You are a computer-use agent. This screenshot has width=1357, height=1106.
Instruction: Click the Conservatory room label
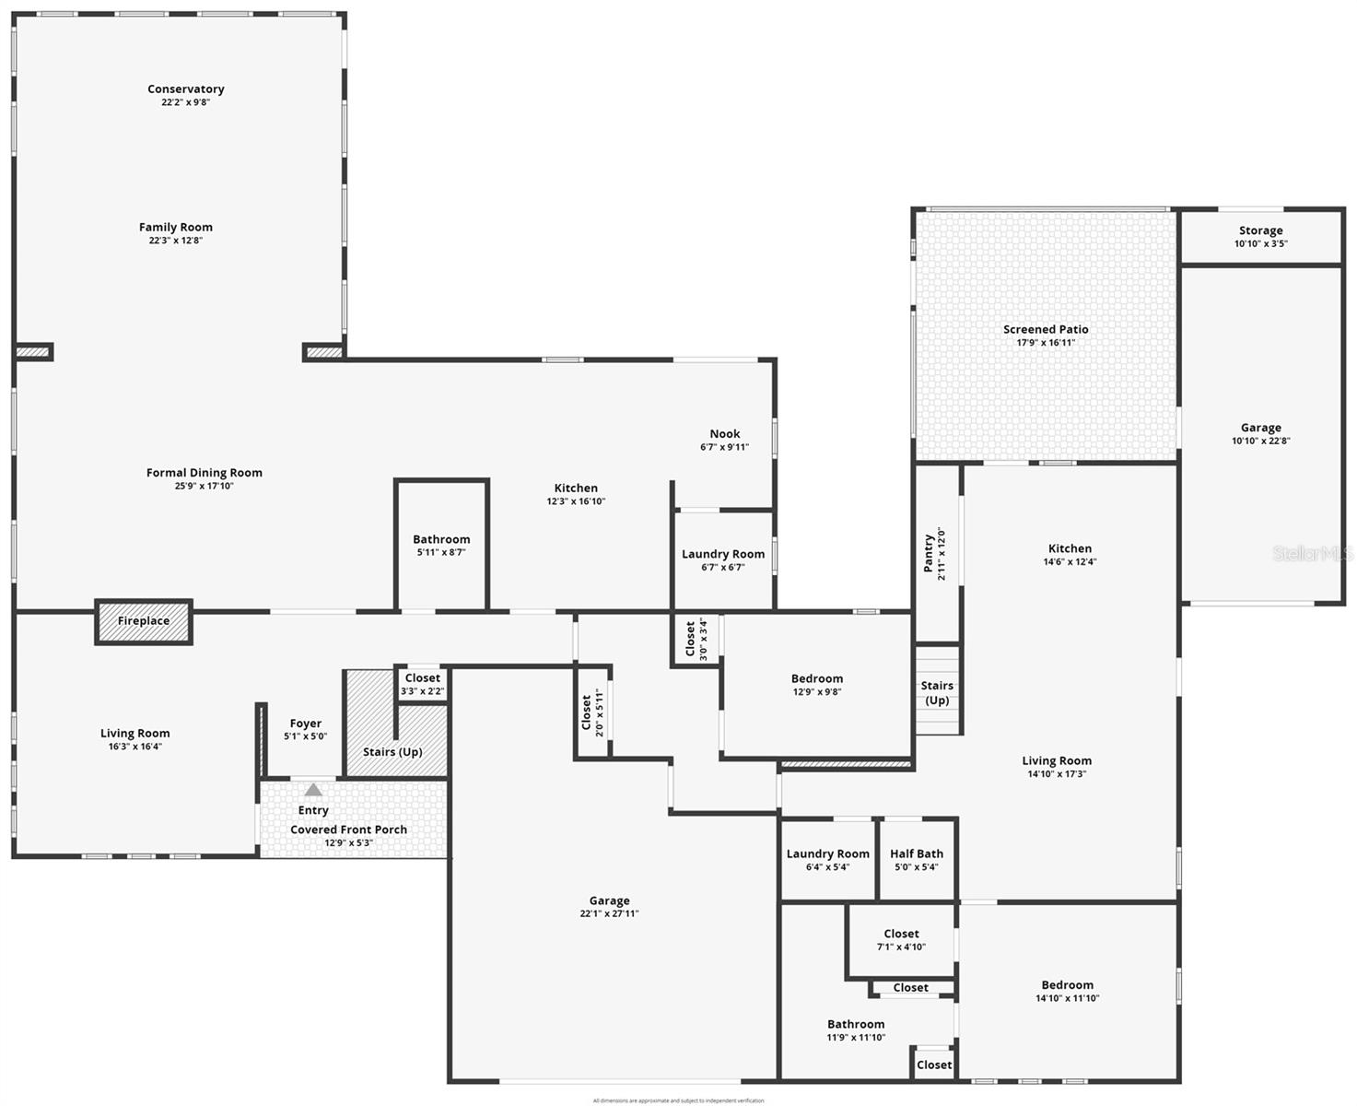click(x=185, y=89)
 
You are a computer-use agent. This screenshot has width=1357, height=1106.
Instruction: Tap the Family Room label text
click(x=175, y=228)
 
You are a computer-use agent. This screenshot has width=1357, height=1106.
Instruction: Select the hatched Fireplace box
click(x=144, y=621)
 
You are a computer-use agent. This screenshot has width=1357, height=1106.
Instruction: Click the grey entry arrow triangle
click(x=313, y=789)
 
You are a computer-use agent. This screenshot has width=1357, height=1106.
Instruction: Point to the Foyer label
click(x=305, y=724)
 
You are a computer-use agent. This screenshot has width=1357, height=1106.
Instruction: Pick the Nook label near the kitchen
click(x=724, y=434)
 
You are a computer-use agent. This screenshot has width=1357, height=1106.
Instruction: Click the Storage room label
click(x=1260, y=231)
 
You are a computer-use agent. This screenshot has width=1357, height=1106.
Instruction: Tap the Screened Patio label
click(x=1046, y=330)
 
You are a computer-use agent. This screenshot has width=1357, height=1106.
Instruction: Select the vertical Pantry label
click(x=929, y=554)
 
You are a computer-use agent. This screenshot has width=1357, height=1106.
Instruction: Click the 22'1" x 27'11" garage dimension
click(x=609, y=914)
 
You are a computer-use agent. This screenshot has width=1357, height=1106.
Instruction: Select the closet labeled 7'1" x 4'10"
click(x=901, y=940)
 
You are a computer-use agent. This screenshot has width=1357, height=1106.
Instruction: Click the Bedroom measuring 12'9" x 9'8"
click(x=816, y=685)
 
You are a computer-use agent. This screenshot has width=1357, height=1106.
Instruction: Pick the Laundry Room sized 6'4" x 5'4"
click(x=827, y=860)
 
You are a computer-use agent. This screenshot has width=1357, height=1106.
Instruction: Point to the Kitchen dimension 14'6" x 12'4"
click(x=1070, y=562)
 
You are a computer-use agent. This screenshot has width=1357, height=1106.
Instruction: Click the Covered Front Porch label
click(x=348, y=829)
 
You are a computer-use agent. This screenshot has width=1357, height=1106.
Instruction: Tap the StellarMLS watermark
click(x=1313, y=554)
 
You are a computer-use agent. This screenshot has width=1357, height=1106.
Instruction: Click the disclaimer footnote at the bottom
click(x=678, y=1100)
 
